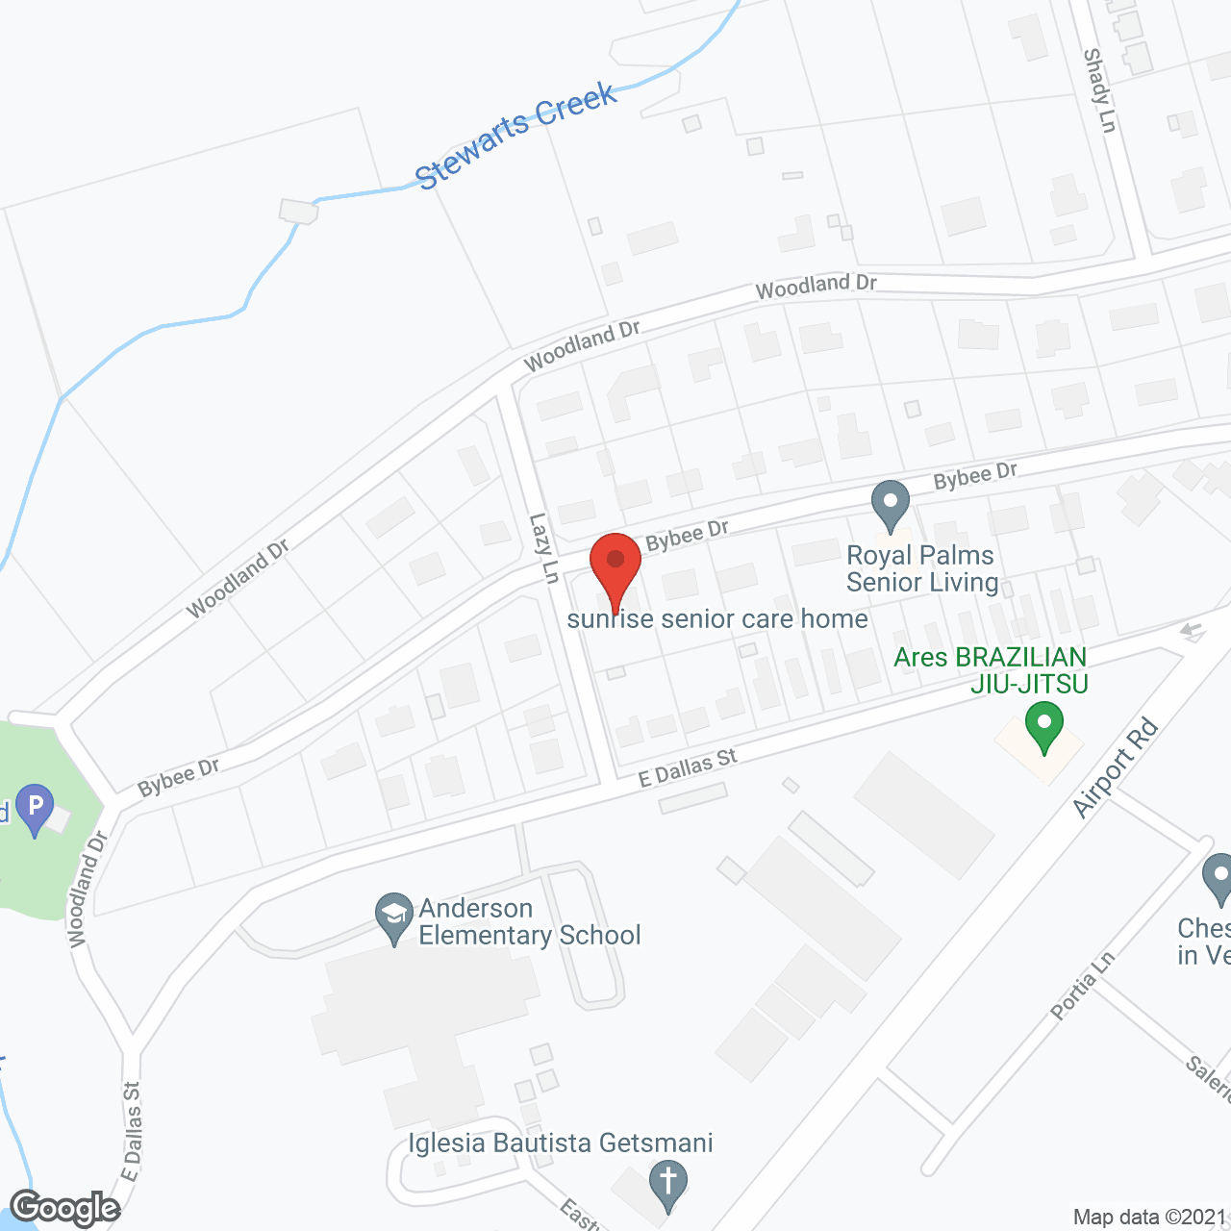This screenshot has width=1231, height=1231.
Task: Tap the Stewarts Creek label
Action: tap(515, 136)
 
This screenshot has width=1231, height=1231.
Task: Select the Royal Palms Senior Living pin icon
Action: tap(890, 503)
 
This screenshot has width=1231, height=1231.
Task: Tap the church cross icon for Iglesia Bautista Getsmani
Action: tap(667, 1181)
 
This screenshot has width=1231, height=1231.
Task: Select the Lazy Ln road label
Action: tap(543, 547)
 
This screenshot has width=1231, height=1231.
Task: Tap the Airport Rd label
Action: tap(1116, 767)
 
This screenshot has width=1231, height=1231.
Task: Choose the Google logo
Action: tap(65, 1208)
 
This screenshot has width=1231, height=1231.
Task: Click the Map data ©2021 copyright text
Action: tap(1150, 1218)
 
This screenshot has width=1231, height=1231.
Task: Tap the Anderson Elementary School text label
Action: tap(530, 921)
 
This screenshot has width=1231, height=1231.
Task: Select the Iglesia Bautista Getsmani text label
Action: tap(561, 1143)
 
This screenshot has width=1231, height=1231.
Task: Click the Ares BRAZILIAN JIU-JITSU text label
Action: tap(991, 670)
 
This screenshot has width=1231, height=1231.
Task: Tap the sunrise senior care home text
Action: tap(717, 619)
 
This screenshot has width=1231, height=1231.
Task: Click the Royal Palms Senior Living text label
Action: tap(921, 568)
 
